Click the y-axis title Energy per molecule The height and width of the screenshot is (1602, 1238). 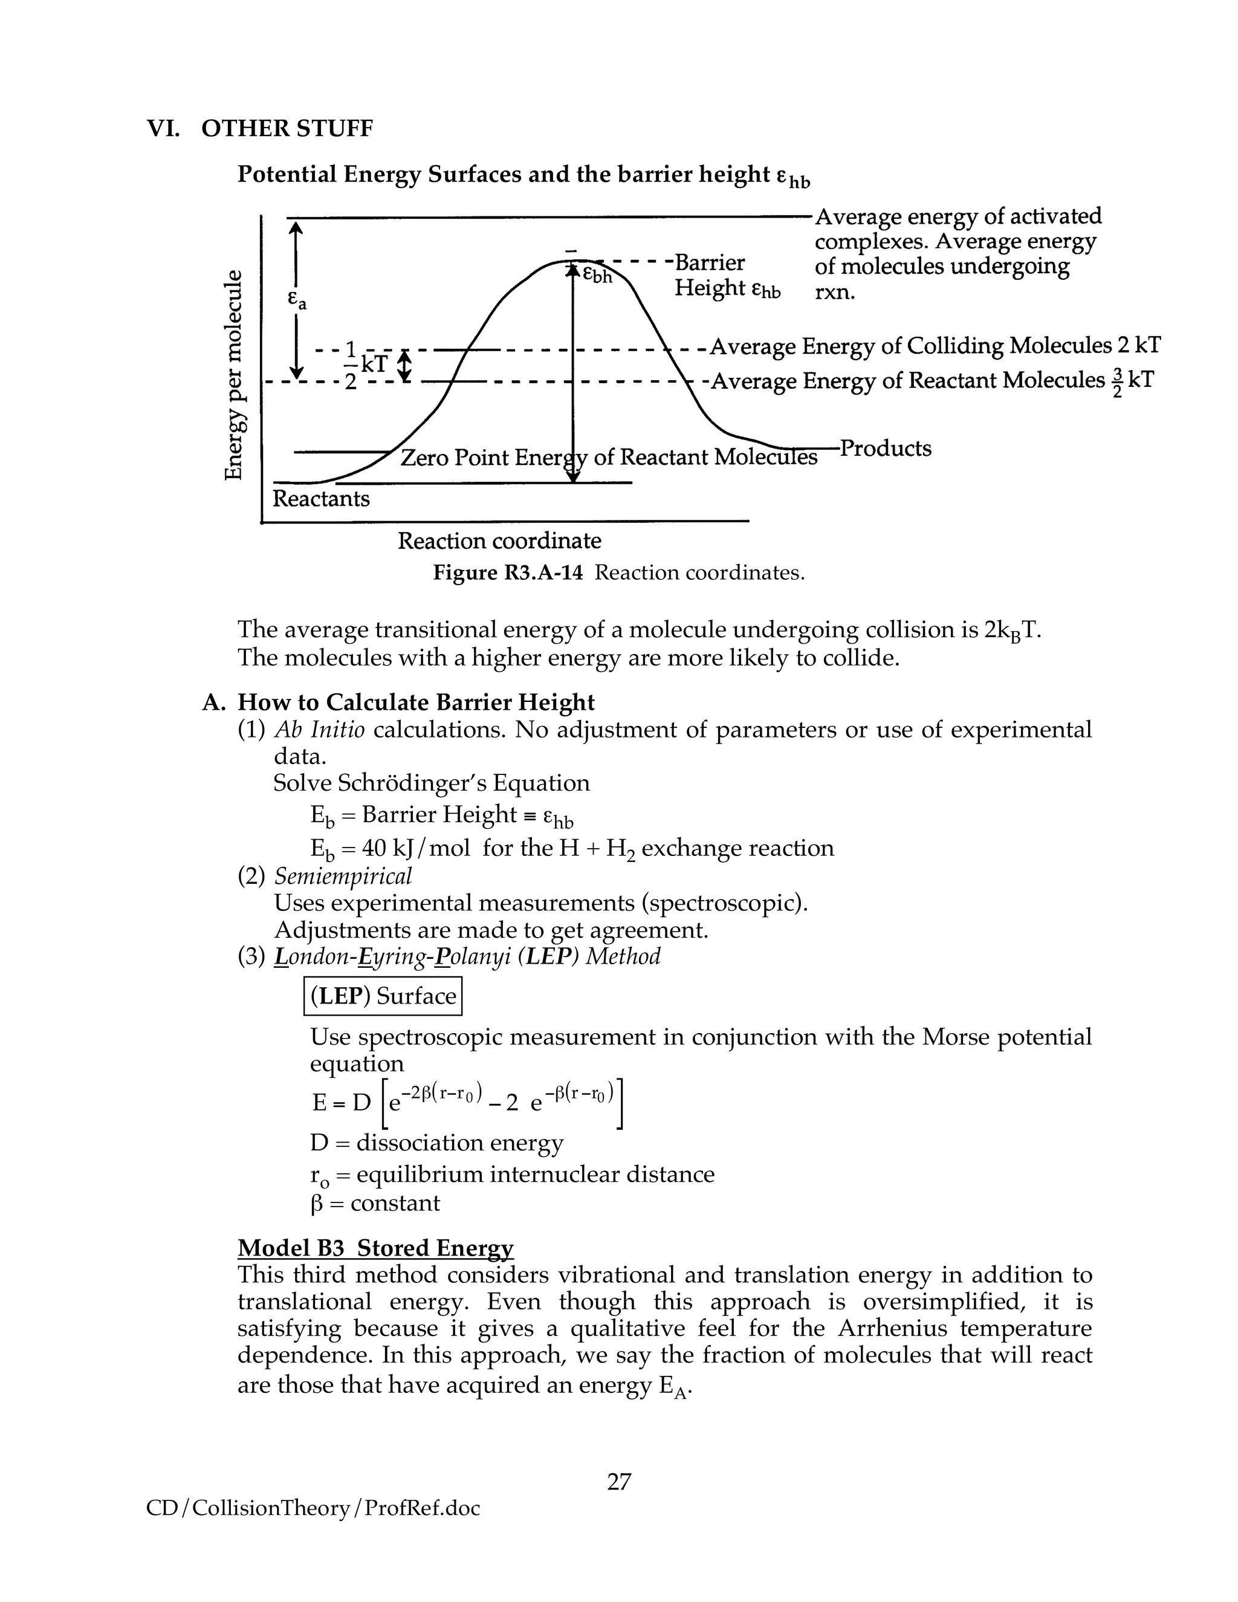click(x=233, y=375)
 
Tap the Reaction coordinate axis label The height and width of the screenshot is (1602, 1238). click(x=499, y=541)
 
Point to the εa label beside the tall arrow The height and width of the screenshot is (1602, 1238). click(x=296, y=300)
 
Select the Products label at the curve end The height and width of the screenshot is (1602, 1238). click(x=885, y=448)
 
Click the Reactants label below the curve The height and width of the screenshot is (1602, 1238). click(x=320, y=499)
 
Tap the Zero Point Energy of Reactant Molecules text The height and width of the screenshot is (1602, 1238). click(x=608, y=458)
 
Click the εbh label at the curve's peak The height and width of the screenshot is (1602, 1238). click(x=597, y=275)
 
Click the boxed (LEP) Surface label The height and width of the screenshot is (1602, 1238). click(x=383, y=996)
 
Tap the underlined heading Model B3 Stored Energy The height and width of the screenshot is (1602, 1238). click(x=375, y=1248)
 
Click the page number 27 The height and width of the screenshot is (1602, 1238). click(x=618, y=1482)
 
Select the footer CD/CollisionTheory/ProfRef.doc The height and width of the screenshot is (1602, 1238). click(x=313, y=1508)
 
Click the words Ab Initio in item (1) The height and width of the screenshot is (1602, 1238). click(x=319, y=730)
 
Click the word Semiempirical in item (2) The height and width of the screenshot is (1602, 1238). click(x=343, y=876)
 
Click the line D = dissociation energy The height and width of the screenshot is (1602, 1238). click(x=436, y=1143)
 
